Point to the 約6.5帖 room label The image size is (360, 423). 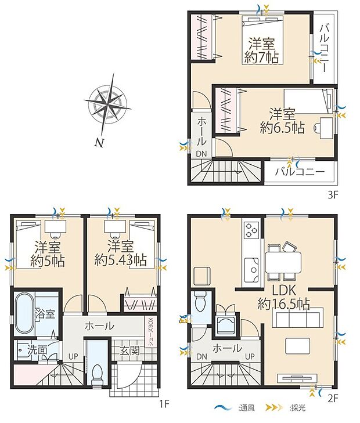pos(282,121)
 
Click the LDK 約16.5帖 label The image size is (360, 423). pos(283,297)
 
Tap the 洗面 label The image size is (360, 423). pos(38,350)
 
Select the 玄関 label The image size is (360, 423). pos(129,350)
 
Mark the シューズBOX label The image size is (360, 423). pos(150,331)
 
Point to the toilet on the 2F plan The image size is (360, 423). pos(200,302)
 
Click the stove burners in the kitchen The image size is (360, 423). pos(253,229)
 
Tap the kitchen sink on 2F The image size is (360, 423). pos(253,267)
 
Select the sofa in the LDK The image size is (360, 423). pos(297,319)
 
